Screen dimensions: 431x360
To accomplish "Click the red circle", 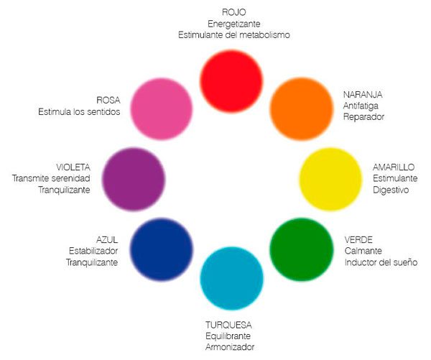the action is tap(231, 81).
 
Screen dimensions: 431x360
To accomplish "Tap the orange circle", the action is tap(302, 109).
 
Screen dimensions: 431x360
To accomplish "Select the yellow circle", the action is tap(330, 180).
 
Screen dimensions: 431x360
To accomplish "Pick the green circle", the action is tap(302, 250).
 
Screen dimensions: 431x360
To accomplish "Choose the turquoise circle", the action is tap(231, 278).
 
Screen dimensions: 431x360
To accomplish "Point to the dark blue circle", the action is tap(162, 249).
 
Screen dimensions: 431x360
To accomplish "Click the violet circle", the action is tap(134, 180).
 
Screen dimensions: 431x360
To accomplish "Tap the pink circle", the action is tap(162, 109).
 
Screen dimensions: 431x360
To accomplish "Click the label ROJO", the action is tap(234, 12).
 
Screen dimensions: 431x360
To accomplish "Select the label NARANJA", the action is tap(363, 95).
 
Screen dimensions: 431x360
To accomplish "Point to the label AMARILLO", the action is tap(394, 167).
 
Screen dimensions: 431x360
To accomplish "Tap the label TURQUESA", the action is tap(228, 325).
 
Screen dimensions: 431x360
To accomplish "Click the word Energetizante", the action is tap(234, 24).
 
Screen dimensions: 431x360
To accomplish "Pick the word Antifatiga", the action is tap(361, 106).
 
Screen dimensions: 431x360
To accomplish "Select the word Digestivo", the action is tap(391, 190).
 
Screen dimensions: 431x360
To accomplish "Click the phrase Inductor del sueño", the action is tap(381, 262).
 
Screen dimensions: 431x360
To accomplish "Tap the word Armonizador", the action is tap(230, 347).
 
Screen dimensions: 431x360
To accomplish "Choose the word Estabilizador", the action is tap(93, 251).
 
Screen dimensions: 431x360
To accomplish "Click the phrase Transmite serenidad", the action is tap(51, 178).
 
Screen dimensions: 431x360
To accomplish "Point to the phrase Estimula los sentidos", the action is tap(79, 112).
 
